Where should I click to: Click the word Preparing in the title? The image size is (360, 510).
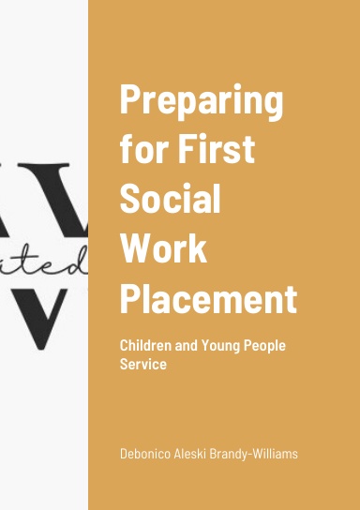(202, 100)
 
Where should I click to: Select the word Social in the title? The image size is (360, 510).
(170, 200)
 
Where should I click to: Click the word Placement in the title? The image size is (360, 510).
(208, 300)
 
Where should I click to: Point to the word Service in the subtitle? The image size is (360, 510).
(142, 364)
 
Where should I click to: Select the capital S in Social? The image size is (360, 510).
(131, 200)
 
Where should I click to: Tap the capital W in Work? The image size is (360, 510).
(139, 249)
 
